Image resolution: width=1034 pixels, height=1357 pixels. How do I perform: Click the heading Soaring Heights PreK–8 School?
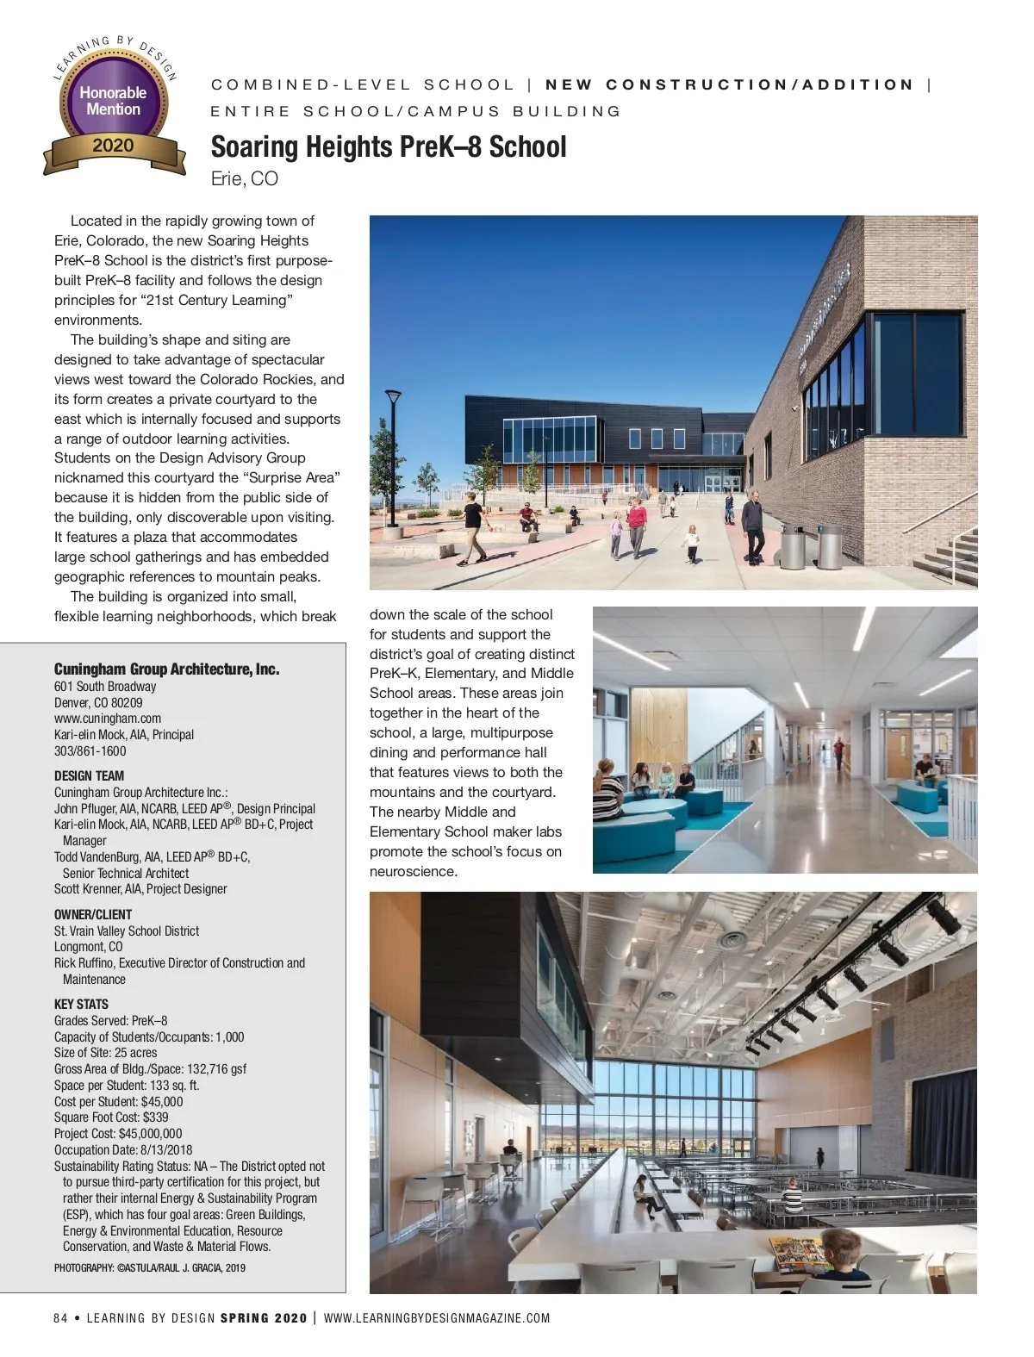[389, 146]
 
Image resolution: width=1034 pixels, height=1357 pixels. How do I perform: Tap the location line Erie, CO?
[245, 179]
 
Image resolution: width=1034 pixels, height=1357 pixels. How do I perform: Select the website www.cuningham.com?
[108, 719]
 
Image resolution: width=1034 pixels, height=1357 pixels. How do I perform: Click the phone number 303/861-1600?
[90, 751]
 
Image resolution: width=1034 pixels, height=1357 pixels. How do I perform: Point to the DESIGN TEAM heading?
[89, 775]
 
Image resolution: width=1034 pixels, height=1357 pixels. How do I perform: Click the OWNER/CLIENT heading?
[93, 914]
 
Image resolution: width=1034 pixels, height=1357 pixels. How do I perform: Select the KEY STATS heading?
[81, 1004]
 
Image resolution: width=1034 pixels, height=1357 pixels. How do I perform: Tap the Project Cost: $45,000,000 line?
[118, 1134]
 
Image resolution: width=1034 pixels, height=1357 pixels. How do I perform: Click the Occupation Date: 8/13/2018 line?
[123, 1150]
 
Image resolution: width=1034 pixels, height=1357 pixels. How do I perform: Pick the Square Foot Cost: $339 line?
[111, 1117]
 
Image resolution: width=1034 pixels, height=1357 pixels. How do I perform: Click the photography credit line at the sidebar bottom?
[149, 1267]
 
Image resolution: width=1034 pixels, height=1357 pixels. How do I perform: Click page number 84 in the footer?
[60, 1318]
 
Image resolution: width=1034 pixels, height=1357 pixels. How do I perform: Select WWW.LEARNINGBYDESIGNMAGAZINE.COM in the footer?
[437, 1318]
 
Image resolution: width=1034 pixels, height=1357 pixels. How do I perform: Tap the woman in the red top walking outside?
[636, 526]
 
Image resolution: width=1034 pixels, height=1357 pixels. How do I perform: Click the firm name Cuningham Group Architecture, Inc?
[166, 669]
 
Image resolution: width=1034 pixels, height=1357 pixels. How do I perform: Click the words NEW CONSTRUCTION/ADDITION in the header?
[730, 84]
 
